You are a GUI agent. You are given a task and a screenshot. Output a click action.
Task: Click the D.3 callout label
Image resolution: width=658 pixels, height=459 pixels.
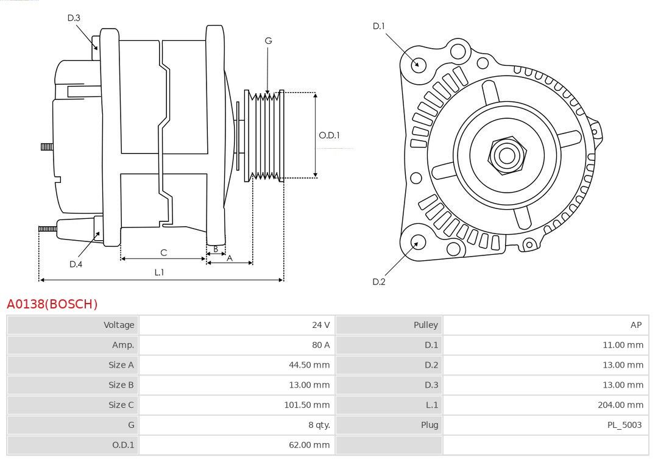point(74,18)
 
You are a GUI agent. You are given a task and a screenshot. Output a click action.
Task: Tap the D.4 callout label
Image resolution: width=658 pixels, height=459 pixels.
point(76,264)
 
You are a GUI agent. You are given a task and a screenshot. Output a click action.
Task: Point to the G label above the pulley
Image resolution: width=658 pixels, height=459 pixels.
point(268,41)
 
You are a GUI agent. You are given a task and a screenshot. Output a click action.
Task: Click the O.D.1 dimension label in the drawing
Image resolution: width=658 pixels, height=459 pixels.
point(329,135)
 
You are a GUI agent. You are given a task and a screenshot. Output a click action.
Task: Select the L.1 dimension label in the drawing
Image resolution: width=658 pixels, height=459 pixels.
point(159,272)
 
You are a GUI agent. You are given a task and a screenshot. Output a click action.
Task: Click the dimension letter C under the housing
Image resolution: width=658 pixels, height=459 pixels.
point(164,252)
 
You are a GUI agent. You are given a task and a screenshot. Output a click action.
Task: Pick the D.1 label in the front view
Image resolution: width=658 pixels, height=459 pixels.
point(378,26)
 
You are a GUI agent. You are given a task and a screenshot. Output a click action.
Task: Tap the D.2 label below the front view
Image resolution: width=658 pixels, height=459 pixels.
point(378,282)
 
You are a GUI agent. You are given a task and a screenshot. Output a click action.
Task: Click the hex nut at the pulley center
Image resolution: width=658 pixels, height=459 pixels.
point(507,155)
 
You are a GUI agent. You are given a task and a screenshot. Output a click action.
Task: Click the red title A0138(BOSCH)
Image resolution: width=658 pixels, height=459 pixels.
point(52,304)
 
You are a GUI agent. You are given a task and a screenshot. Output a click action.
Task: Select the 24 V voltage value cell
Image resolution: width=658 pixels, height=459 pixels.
point(237,325)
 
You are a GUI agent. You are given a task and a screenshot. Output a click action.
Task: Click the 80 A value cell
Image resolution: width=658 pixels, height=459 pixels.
point(237,345)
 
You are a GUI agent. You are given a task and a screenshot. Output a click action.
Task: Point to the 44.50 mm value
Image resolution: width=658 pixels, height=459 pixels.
point(310,365)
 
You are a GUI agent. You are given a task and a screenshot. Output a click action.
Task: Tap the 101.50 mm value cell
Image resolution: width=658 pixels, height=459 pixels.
point(237,405)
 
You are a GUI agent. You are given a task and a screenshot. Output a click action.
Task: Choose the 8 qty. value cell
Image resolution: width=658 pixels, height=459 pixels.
point(237,425)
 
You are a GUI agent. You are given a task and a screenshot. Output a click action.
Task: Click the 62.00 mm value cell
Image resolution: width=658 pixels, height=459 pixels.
point(237,445)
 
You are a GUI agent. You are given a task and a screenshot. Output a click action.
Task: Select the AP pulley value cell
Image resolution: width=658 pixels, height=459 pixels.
point(545,325)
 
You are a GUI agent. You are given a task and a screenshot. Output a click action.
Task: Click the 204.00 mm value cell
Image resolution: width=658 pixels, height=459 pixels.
point(545,405)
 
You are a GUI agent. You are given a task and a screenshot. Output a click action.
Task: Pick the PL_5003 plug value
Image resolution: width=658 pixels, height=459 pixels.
point(624,425)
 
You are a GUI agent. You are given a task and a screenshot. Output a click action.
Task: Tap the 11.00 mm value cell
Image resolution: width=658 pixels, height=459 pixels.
point(545,345)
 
